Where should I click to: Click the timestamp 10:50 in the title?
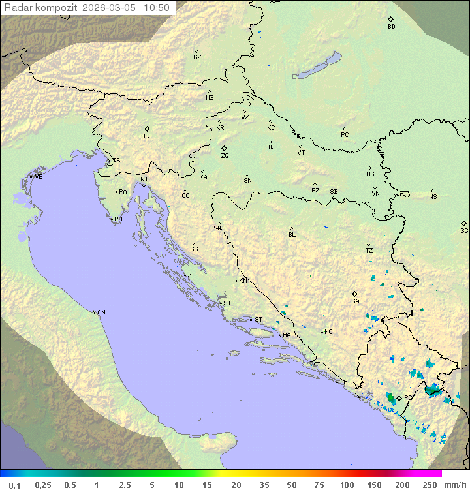[157, 8]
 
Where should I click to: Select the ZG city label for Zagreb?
[225, 156]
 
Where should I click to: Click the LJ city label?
[148, 136]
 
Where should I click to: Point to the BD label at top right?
[391, 27]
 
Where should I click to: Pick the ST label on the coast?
[258, 320]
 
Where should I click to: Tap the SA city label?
[355, 301]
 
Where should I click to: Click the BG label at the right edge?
[464, 231]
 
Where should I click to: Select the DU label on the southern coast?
[343, 382]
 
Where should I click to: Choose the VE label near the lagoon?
[39, 177]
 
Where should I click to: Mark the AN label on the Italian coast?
[101, 313]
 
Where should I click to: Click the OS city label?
[370, 174]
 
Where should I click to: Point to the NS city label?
[433, 197]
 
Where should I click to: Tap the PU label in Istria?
[118, 219]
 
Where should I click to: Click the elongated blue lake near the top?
[317, 67]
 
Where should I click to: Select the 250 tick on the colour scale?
[429, 485]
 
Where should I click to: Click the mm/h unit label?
[455, 485]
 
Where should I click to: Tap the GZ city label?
[197, 57]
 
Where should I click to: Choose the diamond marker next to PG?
[399, 397]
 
